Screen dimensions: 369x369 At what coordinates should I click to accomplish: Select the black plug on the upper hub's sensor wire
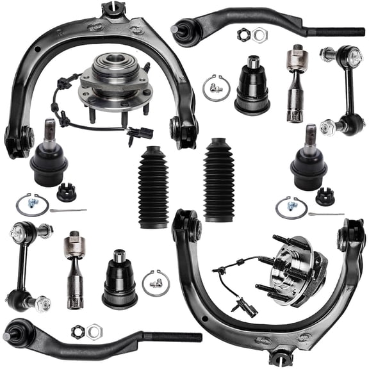pyautogui.click(x=145, y=133)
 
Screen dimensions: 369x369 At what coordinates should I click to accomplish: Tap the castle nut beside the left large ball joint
pyautogui.click(x=65, y=192)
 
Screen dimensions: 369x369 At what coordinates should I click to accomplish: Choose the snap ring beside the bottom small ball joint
pyautogui.click(x=152, y=282)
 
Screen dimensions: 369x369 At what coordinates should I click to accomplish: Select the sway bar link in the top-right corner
pyautogui.click(x=344, y=90)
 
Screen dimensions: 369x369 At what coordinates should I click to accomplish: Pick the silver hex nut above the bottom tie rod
pyautogui.click(x=95, y=330)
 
